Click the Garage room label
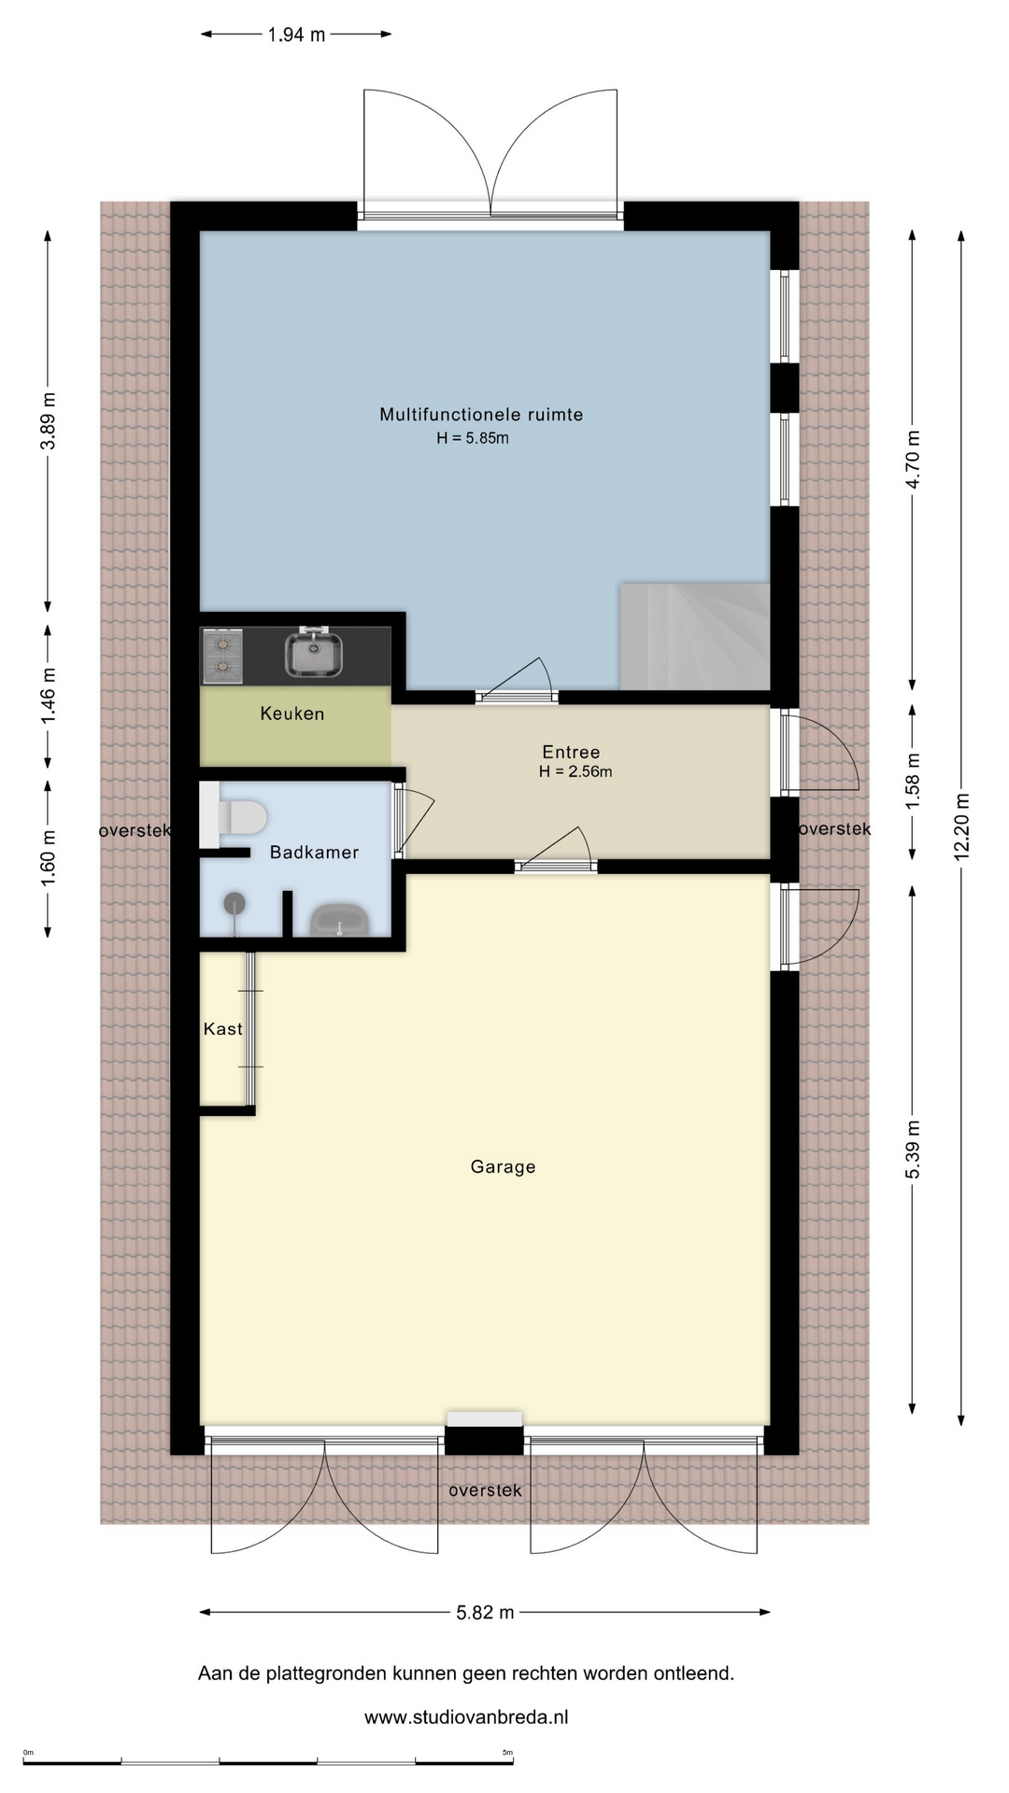[x=503, y=1166]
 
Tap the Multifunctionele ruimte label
[x=481, y=415]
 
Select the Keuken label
[x=292, y=713]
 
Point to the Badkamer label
[x=314, y=852]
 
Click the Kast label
[x=223, y=1028]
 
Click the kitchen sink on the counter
[x=313, y=652]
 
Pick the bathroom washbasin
[x=339, y=920]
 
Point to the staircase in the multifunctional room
[x=694, y=637]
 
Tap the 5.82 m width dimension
[x=485, y=1612]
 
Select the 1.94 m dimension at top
[x=296, y=35]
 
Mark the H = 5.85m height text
[x=473, y=438]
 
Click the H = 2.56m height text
[x=576, y=771]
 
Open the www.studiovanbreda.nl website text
[x=466, y=1716]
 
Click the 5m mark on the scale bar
[x=507, y=1753]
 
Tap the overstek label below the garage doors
[x=485, y=1490]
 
